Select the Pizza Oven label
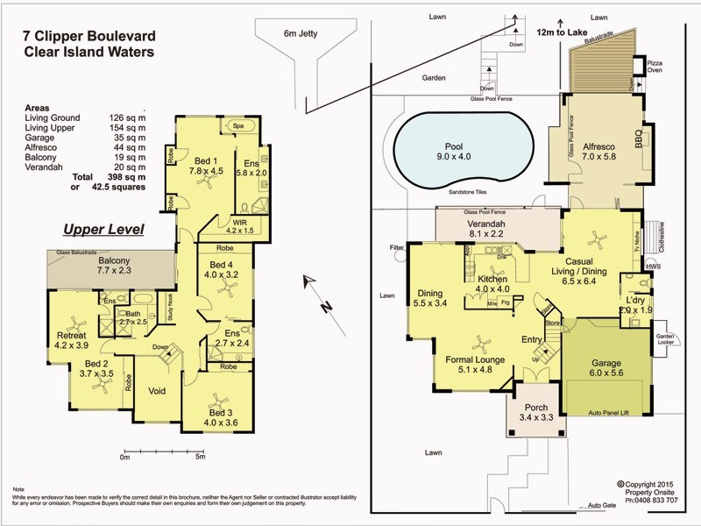tap(654, 68)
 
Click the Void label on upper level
tap(158, 391)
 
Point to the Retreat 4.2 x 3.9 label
tap(71, 340)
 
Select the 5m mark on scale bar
tap(200, 456)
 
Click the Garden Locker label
tap(665, 338)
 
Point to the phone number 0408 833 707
tap(648, 501)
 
